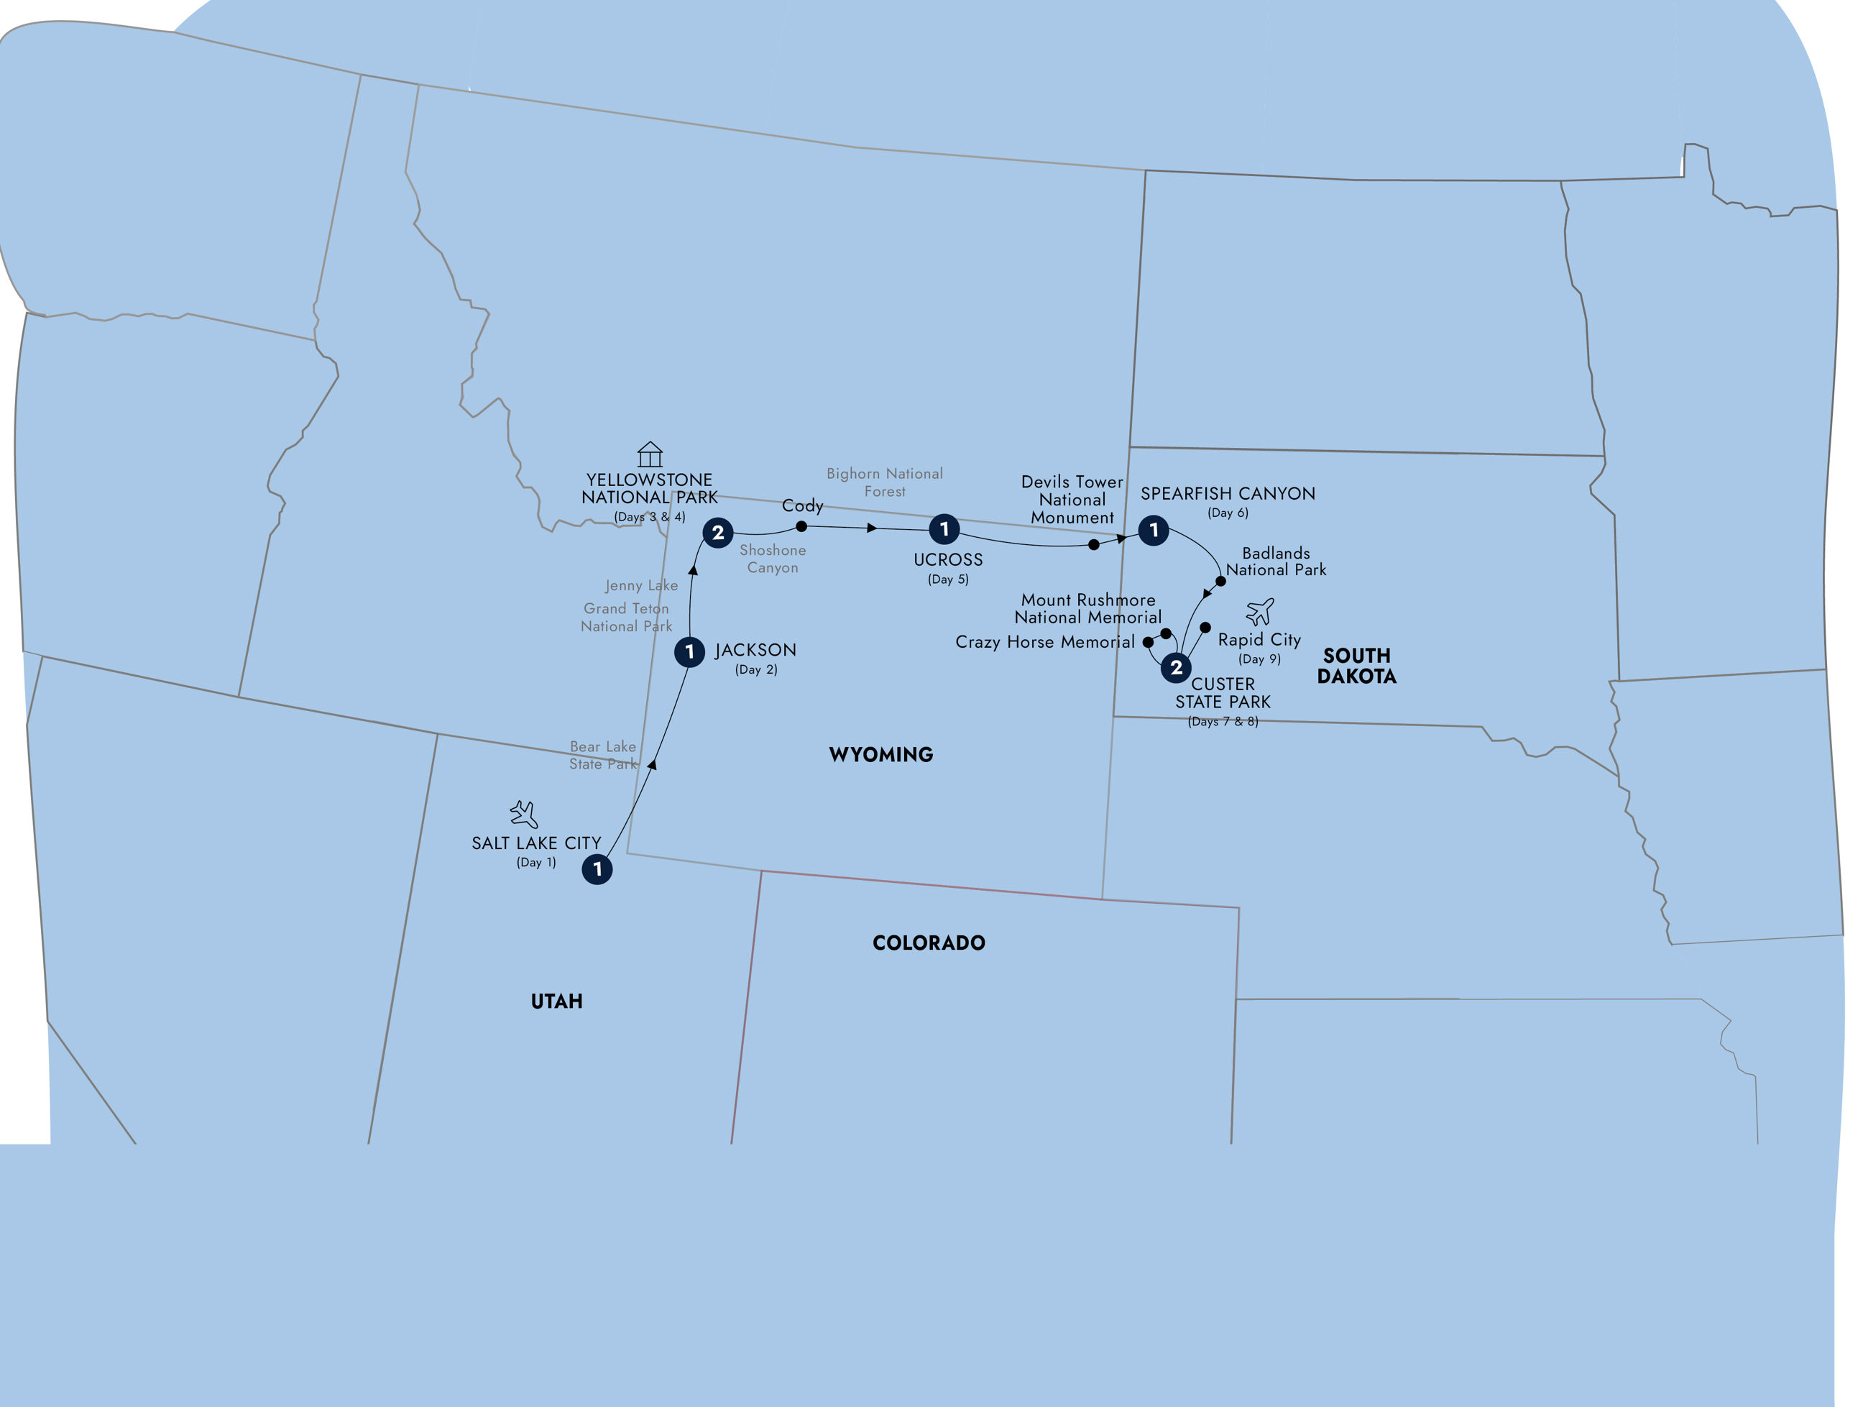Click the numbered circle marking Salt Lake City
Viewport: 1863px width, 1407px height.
pos(597,869)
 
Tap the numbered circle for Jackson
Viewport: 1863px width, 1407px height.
pos(690,651)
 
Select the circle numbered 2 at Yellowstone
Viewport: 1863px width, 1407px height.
pos(717,533)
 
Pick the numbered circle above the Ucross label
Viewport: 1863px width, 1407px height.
pos(944,529)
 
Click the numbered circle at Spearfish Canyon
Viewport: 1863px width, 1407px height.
pos(1153,530)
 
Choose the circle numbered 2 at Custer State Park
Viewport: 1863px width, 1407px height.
pos(1176,667)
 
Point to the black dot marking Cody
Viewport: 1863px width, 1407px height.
pos(801,526)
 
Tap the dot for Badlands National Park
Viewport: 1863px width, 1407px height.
pos(1220,582)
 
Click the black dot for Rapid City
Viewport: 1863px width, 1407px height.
pos(1205,628)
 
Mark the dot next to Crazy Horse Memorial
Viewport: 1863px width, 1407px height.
pos(1147,642)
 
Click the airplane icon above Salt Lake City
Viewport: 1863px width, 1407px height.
pos(524,814)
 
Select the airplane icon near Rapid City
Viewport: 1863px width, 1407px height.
pos(1260,611)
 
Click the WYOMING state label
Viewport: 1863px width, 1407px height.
pos(881,755)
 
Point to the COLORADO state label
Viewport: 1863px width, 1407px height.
pos(928,943)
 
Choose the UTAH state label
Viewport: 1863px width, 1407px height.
pos(557,1002)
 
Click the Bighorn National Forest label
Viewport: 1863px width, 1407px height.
pos(884,482)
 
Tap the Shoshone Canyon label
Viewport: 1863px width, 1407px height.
pos(773,559)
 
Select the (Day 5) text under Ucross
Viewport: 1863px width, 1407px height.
pos(948,579)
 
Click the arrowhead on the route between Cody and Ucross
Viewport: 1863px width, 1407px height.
pos(873,528)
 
